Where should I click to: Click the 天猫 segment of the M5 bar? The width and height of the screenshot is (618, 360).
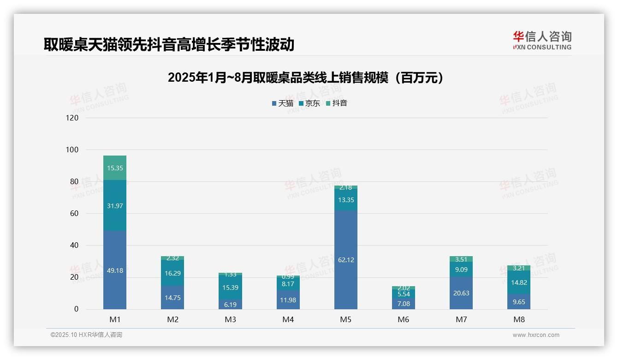tap(345, 260)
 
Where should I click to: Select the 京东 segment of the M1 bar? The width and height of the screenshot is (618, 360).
tap(115, 205)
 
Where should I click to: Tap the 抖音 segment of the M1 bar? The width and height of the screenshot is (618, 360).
tap(115, 168)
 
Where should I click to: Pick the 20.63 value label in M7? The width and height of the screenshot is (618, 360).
tap(461, 293)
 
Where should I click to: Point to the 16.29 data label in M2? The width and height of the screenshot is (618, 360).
tap(172, 273)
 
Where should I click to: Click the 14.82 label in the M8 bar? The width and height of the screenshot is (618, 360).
tap(519, 283)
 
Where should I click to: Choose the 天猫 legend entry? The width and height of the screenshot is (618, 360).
tap(282, 103)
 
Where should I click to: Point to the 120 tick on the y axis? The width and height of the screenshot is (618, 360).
tap(72, 118)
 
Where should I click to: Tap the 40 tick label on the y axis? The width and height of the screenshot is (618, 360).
tap(74, 246)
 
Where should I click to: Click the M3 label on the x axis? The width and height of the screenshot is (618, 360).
tap(230, 319)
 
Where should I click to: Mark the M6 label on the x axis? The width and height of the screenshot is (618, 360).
tap(404, 319)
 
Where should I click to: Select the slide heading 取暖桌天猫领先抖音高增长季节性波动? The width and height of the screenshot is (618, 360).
tap(169, 44)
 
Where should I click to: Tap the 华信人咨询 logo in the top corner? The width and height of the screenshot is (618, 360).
tap(542, 40)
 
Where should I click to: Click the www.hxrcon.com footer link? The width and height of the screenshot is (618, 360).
tap(536, 335)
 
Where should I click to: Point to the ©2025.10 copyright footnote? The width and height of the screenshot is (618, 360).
tap(86, 335)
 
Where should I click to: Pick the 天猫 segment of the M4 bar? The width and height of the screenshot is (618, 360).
tap(288, 300)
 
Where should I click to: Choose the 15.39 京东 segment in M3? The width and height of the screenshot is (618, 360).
tap(230, 287)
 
